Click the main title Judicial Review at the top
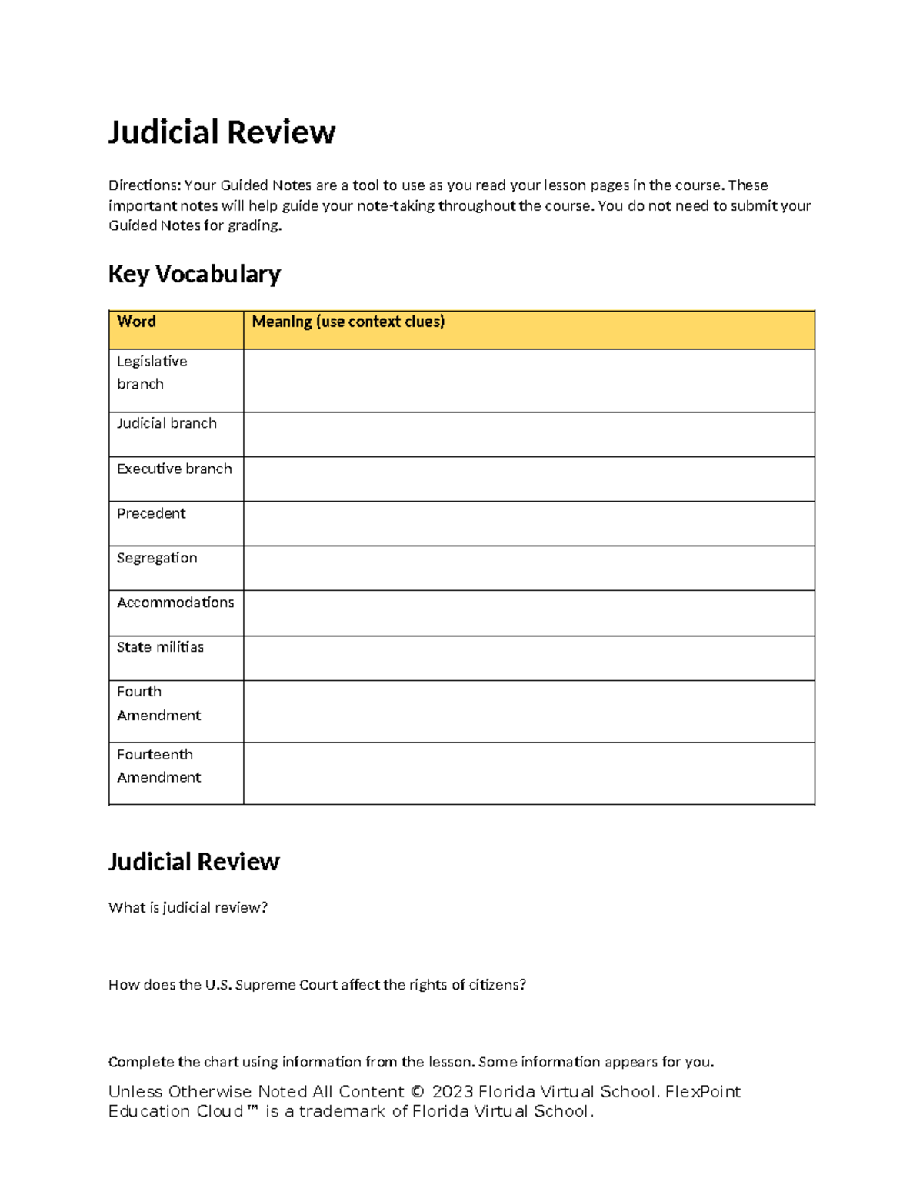tap(222, 132)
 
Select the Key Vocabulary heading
tap(194, 274)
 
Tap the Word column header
tap(136, 322)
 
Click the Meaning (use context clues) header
tap(348, 322)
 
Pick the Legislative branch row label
tap(152, 372)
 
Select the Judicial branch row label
tap(166, 423)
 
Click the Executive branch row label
tap(174, 469)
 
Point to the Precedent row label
tap(151, 513)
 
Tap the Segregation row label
tap(157, 558)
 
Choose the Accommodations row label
tap(175, 603)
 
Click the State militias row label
tap(160, 647)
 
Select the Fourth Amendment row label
tap(158, 703)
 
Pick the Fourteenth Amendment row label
tap(158, 766)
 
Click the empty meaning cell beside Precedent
tap(528, 524)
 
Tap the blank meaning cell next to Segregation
tap(528, 569)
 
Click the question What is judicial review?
tap(188, 908)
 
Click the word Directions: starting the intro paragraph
tap(145, 185)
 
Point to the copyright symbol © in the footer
tap(418, 1092)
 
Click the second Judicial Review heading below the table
tap(194, 862)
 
